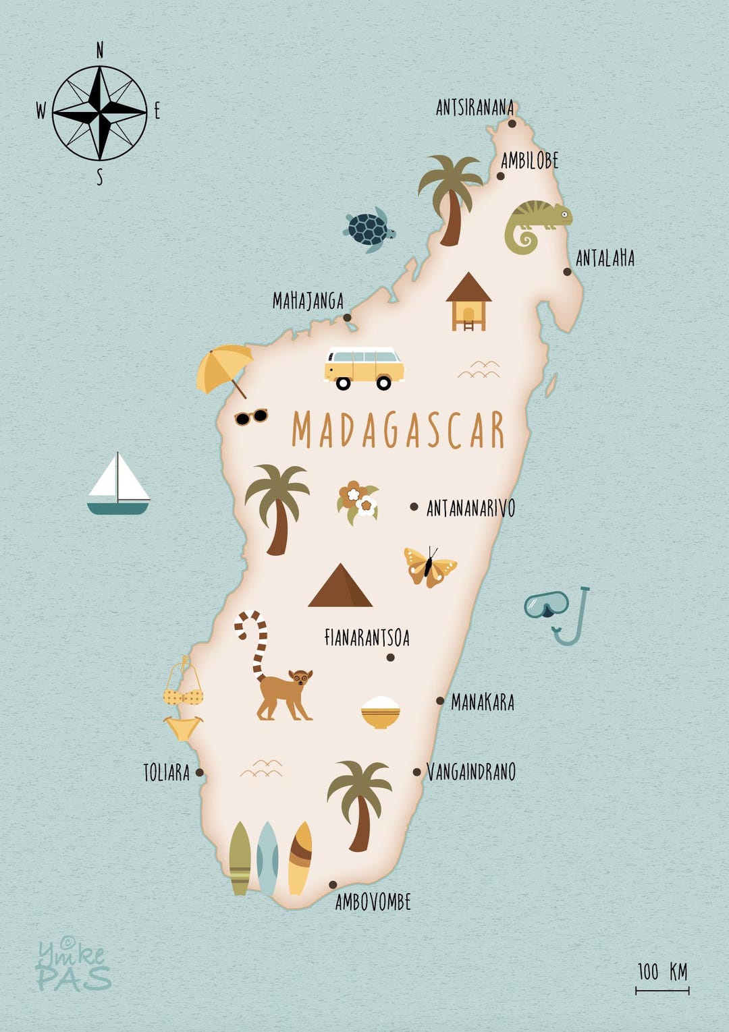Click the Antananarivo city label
(x=470, y=508)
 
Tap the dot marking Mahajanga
(x=347, y=318)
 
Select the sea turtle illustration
(x=369, y=229)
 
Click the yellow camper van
(x=364, y=367)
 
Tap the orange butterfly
(x=429, y=566)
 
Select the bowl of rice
(x=381, y=712)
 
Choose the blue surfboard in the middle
(x=268, y=858)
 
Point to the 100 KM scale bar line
(x=662, y=991)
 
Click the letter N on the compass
(x=100, y=50)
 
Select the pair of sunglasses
(x=251, y=417)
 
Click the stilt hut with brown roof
(x=468, y=301)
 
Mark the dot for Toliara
(x=200, y=773)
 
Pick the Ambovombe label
(x=373, y=902)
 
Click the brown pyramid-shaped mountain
(x=340, y=586)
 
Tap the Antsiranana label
(x=475, y=108)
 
